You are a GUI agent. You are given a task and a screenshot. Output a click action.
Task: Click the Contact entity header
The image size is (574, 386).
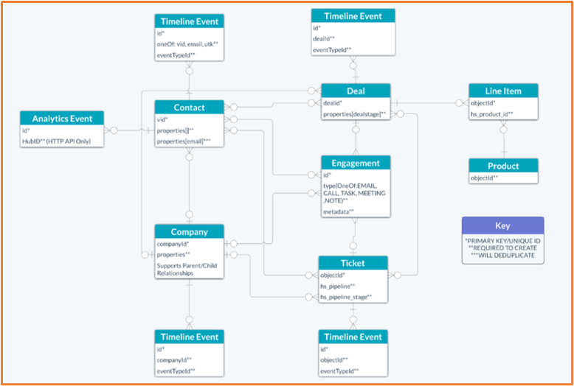coord(190,108)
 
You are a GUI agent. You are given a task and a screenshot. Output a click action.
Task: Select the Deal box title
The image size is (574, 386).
coord(356,91)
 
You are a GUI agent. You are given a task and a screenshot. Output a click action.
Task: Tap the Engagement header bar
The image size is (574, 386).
coord(356,163)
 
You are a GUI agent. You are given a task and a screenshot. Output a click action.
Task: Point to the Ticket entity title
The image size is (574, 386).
coord(353,263)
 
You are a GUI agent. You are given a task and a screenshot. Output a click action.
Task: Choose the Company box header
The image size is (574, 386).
coord(190,231)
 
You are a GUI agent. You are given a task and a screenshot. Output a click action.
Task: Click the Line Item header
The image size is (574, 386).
coord(504,91)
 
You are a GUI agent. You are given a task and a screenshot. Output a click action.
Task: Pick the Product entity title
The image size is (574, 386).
coord(504,166)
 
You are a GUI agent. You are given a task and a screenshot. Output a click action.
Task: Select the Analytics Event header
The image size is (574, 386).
coord(63,119)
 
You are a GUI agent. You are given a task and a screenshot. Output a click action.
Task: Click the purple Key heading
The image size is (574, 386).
coord(502,225)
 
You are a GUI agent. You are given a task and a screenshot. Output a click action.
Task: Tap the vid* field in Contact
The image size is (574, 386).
coord(162,119)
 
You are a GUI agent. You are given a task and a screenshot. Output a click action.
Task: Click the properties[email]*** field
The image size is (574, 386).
coord(184,141)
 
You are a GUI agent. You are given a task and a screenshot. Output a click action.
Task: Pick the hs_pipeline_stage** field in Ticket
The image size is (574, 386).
coord(345,297)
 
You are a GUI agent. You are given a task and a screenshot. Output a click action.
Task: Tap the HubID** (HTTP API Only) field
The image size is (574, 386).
coord(56,141)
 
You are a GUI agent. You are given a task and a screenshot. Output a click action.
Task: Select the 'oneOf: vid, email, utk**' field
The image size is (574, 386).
coord(187,44)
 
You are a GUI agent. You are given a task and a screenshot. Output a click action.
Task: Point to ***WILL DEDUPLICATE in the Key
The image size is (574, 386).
coord(502,257)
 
